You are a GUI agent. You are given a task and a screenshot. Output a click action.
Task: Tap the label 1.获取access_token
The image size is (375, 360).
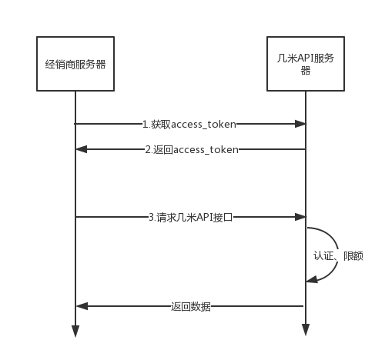click(x=189, y=124)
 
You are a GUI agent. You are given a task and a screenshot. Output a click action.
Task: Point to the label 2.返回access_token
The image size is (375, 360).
click(x=192, y=149)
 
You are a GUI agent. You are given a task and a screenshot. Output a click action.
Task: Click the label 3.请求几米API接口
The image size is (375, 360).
click(x=191, y=217)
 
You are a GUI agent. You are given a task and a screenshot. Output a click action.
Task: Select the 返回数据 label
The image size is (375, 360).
click(x=191, y=306)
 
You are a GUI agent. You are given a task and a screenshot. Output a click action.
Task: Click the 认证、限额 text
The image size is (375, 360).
click(x=338, y=255)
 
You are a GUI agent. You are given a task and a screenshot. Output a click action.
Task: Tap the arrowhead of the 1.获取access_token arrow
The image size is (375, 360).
click(x=300, y=124)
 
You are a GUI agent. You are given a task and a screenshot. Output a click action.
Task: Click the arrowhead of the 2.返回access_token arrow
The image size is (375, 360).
click(x=82, y=149)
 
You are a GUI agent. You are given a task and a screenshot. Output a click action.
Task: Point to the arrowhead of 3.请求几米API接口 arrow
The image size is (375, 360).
click(x=300, y=217)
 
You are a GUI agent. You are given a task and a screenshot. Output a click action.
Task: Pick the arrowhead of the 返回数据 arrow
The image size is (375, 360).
click(x=82, y=306)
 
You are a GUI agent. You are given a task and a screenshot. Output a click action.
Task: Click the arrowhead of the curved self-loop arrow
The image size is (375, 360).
click(x=312, y=279)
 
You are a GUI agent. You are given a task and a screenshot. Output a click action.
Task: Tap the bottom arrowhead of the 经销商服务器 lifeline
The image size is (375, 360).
click(x=75, y=331)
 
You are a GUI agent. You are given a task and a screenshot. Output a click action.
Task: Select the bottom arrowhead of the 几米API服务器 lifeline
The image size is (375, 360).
click(x=306, y=330)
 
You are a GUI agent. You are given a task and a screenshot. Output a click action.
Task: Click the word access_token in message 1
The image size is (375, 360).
click(x=203, y=125)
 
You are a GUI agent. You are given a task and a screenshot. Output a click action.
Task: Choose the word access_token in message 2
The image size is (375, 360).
click(x=206, y=150)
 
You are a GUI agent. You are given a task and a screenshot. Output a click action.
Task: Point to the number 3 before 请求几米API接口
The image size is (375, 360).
click(x=152, y=217)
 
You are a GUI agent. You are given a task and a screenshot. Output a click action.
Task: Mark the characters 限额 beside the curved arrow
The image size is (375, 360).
click(x=353, y=255)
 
